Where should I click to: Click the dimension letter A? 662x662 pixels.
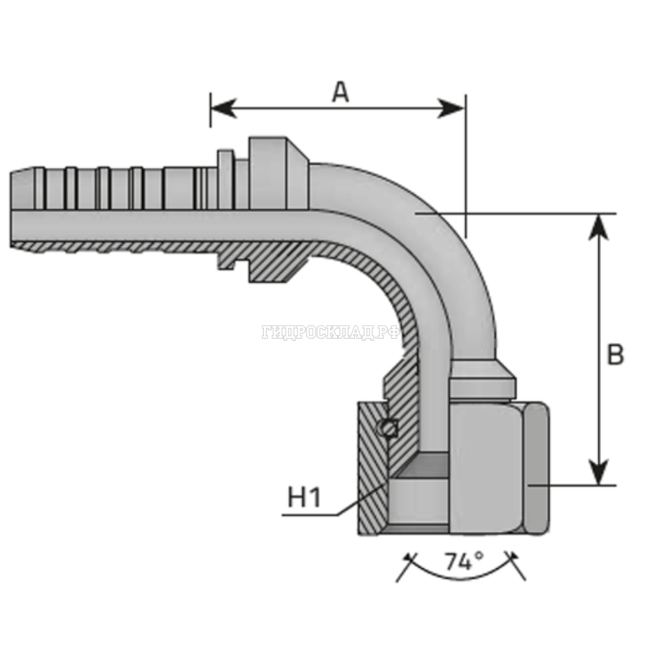click(340, 92)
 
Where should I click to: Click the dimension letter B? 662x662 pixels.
click(614, 355)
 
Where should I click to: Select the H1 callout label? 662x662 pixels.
click(304, 498)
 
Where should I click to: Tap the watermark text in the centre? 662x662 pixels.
click(330, 333)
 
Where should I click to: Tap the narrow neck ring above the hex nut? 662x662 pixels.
click(481, 385)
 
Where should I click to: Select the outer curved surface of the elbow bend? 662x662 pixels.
click(448, 231)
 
